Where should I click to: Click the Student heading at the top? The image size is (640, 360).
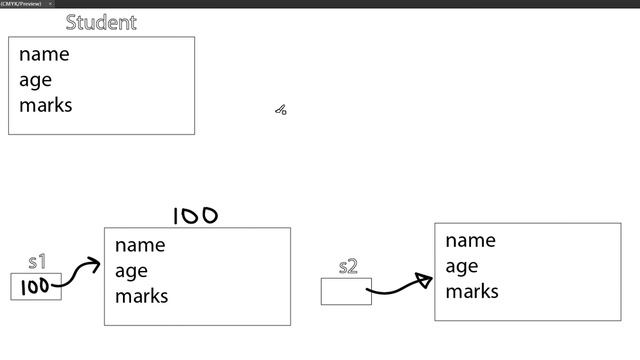(101, 22)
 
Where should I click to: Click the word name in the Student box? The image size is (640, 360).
(44, 54)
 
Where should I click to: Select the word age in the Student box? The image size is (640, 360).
(35, 80)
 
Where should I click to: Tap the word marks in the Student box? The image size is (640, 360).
(46, 104)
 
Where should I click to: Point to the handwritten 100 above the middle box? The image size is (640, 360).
(195, 215)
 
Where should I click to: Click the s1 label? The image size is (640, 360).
(37, 262)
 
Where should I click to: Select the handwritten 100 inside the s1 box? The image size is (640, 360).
(35, 287)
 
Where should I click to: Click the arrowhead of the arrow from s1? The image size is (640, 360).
(95, 264)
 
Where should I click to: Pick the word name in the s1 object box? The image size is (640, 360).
(140, 245)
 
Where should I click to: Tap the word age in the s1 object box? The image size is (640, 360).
(131, 271)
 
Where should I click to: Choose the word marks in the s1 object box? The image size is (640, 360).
(142, 296)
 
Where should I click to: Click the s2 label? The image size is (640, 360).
(348, 266)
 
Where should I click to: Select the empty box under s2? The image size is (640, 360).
(345, 291)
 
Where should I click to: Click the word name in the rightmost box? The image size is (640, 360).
(470, 240)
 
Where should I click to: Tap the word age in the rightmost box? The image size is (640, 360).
(461, 266)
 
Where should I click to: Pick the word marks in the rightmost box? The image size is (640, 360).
(472, 291)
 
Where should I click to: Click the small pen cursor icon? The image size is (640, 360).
(281, 110)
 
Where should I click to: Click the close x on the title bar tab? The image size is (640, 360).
(51, 4)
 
